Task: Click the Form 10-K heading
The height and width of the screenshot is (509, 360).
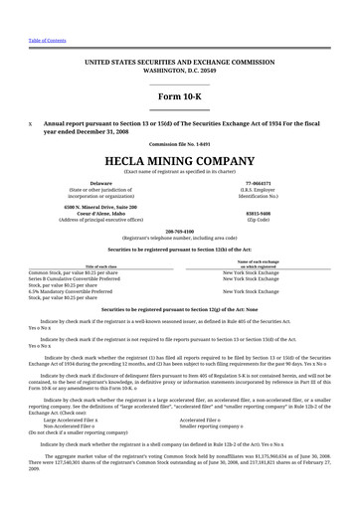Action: pyautogui.click(x=179, y=95)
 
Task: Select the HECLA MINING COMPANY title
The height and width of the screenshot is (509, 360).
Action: pyautogui.click(x=179, y=158)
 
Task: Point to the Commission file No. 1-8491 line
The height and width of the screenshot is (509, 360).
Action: pyautogui.click(x=179, y=143)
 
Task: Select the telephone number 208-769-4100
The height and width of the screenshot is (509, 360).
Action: pyautogui.click(x=179, y=233)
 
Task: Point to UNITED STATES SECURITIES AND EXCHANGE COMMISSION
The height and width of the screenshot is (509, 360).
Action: pyautogui.click(x=179, y=61)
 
